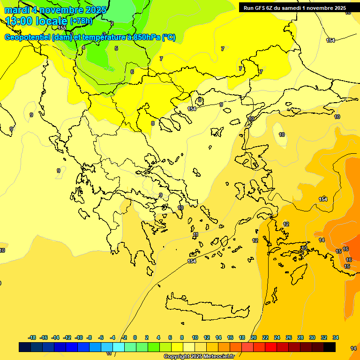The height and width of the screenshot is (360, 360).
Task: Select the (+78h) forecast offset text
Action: [x=81, y=21]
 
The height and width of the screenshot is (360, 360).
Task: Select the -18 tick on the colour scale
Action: [x=32, y=337]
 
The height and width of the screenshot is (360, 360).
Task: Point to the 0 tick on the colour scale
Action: [x=135, y=337]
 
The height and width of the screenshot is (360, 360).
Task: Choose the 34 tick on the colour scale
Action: [x=336, y=337]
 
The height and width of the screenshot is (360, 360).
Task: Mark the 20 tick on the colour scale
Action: [x=254, y=337]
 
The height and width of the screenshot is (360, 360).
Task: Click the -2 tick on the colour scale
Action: [x=124, y=337]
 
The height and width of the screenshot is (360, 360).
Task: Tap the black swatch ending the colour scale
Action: [x=330, y=347]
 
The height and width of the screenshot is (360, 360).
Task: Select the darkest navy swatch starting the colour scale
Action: [x=25, y=347]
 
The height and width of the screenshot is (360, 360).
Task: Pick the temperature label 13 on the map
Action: [x=304, y=248]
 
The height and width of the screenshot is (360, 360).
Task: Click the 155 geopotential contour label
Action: [x=62, y=28]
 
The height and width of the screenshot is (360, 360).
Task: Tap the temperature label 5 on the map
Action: [x=116, y=48]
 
